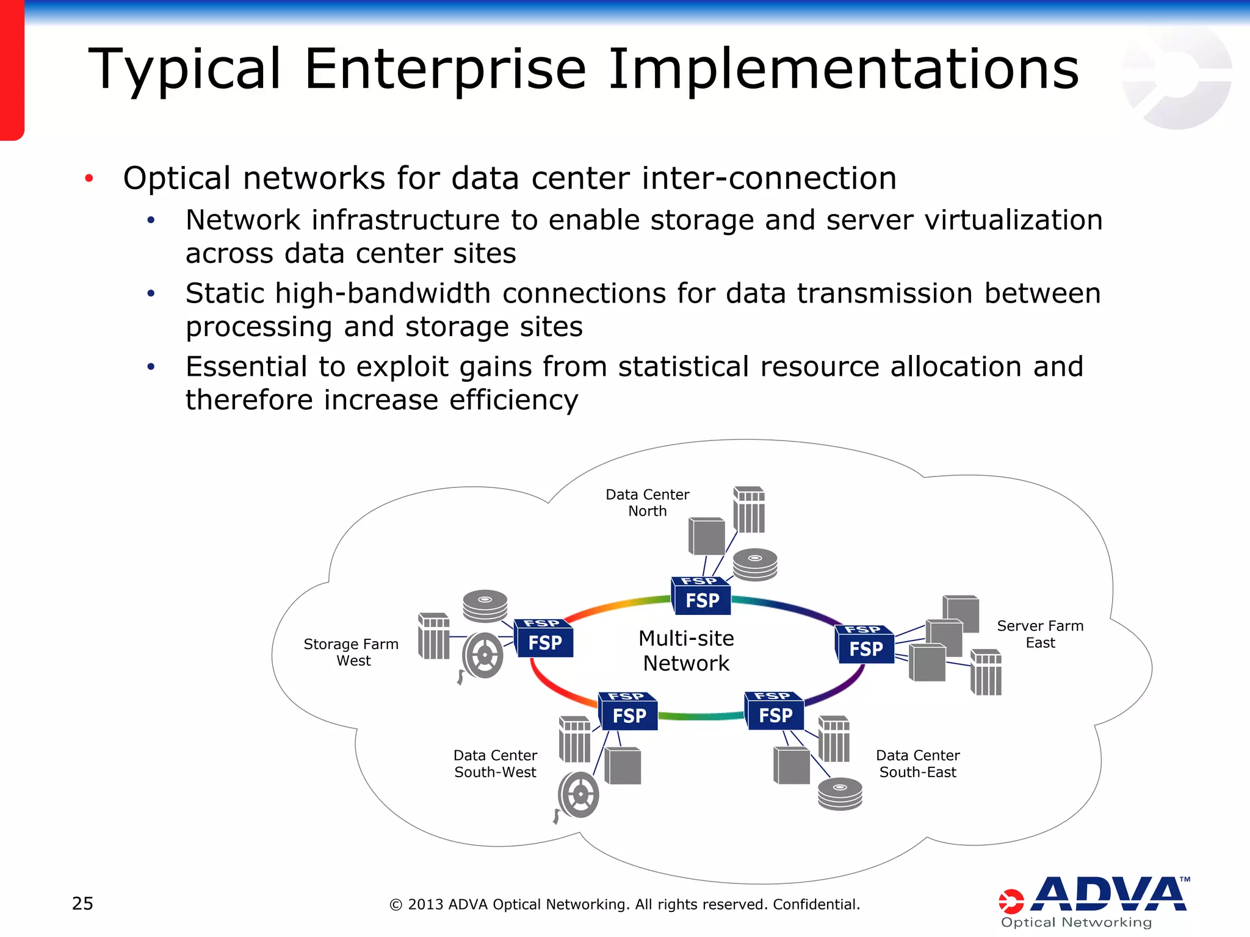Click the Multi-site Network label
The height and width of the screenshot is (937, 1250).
tap(686, 651)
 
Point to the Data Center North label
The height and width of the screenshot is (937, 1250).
tap(647, 503)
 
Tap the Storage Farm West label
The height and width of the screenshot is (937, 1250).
tap(351, 652)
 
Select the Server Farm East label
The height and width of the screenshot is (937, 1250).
tap(1040, 634)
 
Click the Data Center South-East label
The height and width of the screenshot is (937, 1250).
tap(917, 764)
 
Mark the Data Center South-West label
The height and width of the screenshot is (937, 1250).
tap(495, 764)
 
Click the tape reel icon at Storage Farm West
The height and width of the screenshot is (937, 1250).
tap(482, 656)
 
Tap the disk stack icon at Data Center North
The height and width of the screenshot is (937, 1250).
tap(755, 564)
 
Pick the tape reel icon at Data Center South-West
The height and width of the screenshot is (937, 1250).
tap(578, 795)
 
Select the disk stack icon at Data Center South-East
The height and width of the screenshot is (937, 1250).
tap(840, 794)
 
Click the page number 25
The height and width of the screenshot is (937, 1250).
tap(82, 903)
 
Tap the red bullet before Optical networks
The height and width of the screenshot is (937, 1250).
tap(89, 179)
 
